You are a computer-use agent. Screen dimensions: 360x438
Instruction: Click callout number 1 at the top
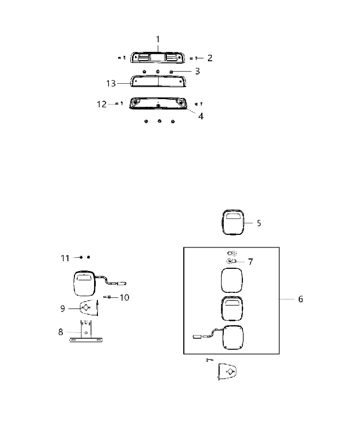click(158, 39)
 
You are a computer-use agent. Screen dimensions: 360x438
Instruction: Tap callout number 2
click(210, 58)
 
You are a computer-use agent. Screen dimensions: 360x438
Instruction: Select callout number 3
click(198, 71)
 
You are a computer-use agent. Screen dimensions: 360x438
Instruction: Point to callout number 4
click(201, 116)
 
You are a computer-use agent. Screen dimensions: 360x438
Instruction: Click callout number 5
click(259, 223)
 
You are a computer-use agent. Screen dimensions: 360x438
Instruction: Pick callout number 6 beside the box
click(300, 299)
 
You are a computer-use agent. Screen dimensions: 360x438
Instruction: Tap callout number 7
click(251, 262)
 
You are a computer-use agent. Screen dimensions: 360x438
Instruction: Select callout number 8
click(61, 332)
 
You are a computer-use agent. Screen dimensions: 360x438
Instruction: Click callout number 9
click(62, 308)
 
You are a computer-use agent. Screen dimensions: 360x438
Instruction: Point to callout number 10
click(124, 297)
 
